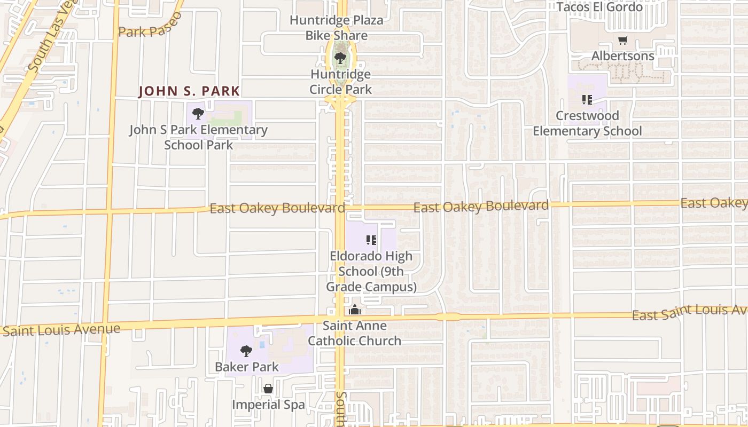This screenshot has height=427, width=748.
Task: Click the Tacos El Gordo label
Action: click(x=599, y=7)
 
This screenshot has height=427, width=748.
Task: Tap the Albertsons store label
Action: click(x=622, y=56)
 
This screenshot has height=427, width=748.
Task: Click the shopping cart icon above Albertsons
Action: click(x=622, y=41)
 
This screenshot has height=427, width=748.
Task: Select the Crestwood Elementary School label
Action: click(x=587, y=123)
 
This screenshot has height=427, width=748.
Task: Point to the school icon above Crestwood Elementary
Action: click(x=587, y=99)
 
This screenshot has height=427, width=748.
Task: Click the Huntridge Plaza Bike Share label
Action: click(x=337, y=28)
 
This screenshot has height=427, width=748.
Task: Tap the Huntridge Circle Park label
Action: click(x=340, y=82)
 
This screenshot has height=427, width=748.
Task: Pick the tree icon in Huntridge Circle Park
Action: click(x=340, y=58)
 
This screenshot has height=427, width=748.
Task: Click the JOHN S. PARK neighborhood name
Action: click(x=189, y=91)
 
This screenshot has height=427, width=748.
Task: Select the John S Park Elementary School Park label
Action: click(x=198, y=137)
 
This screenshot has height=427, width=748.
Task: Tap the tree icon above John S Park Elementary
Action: click(x=198, y=113)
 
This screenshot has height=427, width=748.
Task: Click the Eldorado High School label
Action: click(x=371, y=271)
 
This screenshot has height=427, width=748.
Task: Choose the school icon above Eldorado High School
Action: click(x=371, y=240)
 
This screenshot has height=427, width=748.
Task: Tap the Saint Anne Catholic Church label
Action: click(x=354, y=333)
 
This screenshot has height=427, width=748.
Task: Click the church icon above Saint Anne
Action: click(x=355, y=310)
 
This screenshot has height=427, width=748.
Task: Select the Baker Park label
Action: click(x=247, y=367)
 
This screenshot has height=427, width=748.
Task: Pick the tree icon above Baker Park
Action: click(x=246, y=351)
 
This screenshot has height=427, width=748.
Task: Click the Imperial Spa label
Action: click(x=268, y=405)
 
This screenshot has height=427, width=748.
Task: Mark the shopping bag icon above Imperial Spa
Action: click(x=268, y=389)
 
